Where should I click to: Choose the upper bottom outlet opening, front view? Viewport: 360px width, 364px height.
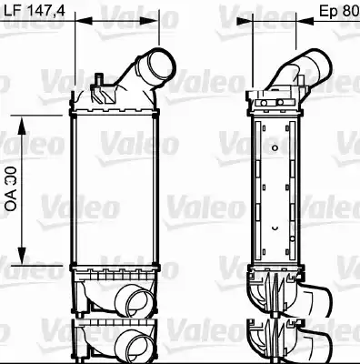132,299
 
